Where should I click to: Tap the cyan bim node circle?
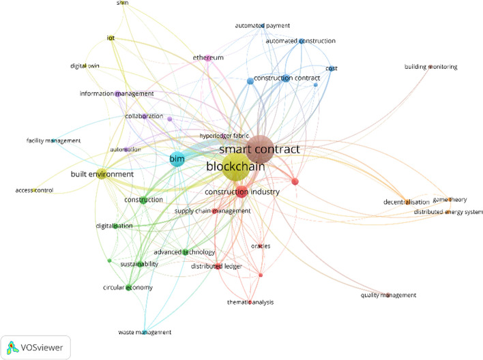click(x=177, y=160)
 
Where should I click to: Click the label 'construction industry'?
click(x=242, y=192)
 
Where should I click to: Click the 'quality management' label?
click(x=388, y=295)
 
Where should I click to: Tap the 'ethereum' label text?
click(x=209, y=58)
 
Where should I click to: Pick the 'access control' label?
click(x=34, y=190)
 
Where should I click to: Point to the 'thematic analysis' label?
click(x=250, y=301)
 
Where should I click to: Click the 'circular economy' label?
click(x=128, y=287)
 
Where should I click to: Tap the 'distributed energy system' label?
click(x=448, y=212)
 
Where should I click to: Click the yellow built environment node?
click(x=101, y=175)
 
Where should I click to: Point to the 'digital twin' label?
click(x=86, y=66)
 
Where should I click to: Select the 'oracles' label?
click(x=261, y=245)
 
